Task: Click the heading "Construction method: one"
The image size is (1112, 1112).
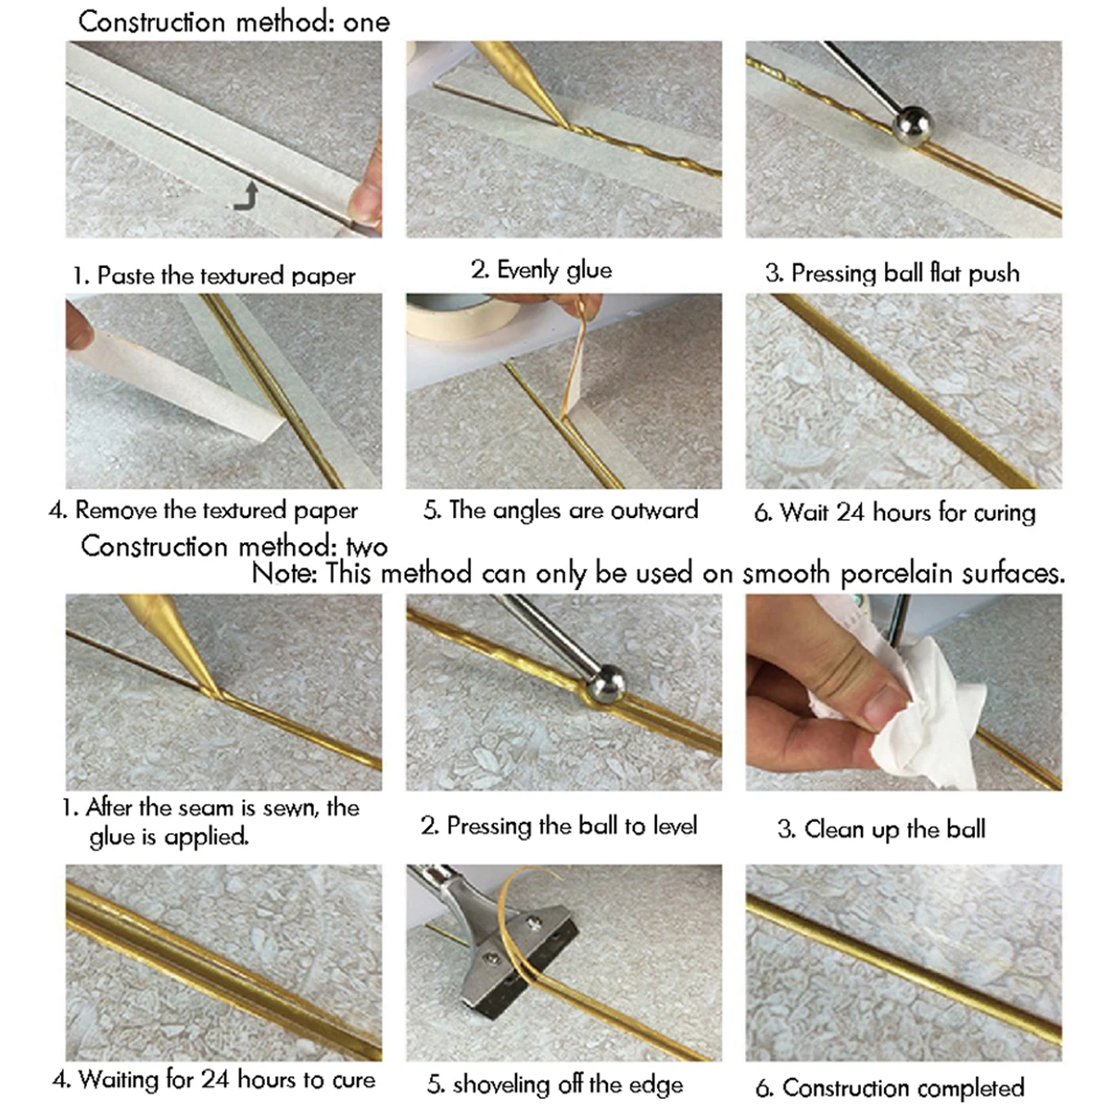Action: tap(234, 22)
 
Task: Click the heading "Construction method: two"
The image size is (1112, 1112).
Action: tap(234, 546)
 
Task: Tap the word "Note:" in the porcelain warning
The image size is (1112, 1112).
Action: tap(284, 573)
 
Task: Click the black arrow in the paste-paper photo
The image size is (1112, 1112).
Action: tap(246, 196)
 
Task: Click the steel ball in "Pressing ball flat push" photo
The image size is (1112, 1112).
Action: tap(913, 126)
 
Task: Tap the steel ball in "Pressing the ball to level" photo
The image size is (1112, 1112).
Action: tap(605, 684)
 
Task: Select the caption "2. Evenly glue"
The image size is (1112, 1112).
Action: tap(541, 270)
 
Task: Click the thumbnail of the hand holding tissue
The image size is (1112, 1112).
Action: tap(903, 692)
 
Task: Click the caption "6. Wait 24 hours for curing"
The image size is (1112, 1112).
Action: tap(895, 512)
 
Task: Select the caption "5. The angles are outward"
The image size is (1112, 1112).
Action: tap(561, 510)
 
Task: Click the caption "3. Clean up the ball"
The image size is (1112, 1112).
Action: tap(881, 829)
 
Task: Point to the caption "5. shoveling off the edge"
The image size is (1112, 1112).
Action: tap(555, 1084)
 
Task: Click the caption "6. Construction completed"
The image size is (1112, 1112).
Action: tap(890, 1088)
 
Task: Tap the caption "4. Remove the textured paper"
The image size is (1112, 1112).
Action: tap(203, 511)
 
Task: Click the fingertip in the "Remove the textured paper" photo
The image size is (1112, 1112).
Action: tap(80, 326)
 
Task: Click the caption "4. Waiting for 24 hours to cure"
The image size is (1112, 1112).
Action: tap(214, 1080)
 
